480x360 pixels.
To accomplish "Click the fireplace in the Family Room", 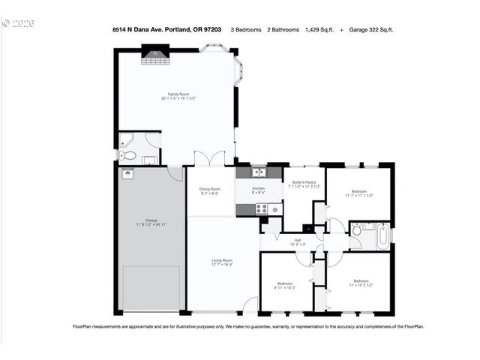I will coord(153,52).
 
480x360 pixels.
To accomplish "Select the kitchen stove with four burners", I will coord(262,209).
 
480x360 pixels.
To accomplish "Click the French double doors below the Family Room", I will coord(208,159).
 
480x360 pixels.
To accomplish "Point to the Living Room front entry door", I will coord(250,305).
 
